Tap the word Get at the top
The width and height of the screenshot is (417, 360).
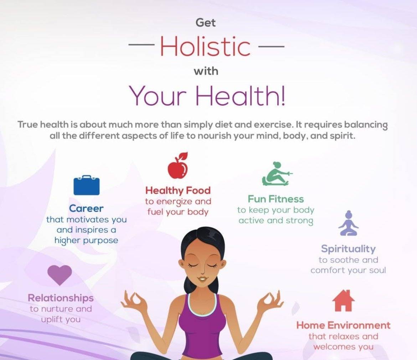pos(206,22)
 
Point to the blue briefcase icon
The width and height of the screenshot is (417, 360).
pos(87,185)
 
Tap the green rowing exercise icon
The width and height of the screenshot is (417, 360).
pos(277,174)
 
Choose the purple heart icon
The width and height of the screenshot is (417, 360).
pos(60,275)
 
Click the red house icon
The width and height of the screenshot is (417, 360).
pos(343,301)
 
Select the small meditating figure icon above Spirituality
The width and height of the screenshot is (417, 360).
pos(348,223)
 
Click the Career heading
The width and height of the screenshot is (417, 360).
pos(86,209)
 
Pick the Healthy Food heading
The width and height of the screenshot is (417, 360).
pos(178,191)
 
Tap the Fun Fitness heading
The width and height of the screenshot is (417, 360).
pos(276,199)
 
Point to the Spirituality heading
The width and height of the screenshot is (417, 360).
pos(348,249)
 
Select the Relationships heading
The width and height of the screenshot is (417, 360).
pos(61,298)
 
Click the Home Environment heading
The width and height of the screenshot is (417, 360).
pos(343,325)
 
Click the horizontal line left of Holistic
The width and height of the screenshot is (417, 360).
pos(141,45)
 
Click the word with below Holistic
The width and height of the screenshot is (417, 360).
pos(206,71)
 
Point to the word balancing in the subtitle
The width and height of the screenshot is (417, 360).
pos(366,125)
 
